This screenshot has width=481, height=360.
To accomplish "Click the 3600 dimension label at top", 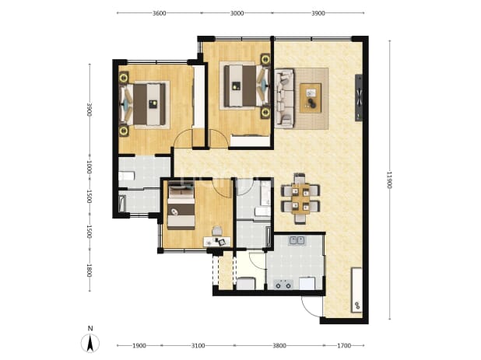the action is point(160,13).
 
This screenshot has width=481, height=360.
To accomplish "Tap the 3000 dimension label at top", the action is point(237,13).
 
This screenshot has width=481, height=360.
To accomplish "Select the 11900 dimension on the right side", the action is point(390,180).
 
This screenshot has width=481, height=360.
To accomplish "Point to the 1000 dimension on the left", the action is point(90,167).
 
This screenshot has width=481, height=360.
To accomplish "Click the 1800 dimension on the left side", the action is point(90,271).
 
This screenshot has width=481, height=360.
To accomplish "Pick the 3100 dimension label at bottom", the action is point(198,346).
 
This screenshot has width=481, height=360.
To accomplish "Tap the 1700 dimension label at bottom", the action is point(344,346).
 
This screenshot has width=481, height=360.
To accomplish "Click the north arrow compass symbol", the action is point(90,343).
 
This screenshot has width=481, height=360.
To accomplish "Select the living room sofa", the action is point(284,98).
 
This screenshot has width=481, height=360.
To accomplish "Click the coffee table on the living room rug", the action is point(311,98).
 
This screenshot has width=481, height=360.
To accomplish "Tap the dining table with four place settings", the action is point(300,198).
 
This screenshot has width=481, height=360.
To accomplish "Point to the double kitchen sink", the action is point(297,240).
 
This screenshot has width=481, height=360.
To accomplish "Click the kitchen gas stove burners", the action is point(283,285).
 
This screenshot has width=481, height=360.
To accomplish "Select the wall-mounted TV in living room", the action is point(359,98).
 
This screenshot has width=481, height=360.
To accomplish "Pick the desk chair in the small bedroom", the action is point(217,231).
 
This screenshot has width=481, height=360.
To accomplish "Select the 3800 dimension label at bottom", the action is point(279,346).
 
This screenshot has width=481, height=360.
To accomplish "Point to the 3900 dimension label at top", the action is point(318,13).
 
